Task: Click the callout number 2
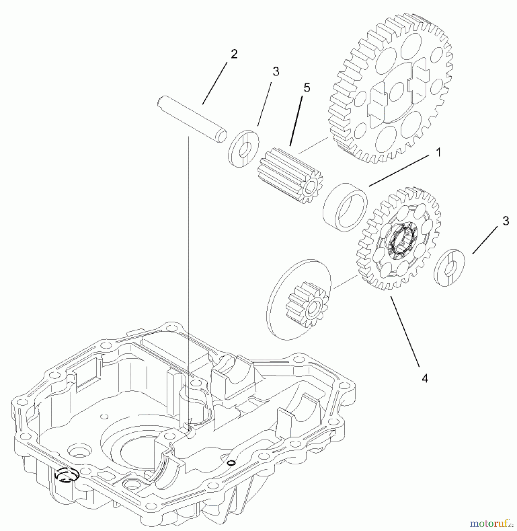(234, 54)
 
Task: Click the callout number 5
(307, 88)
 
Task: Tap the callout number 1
(439, 153)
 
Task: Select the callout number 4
(424, 378)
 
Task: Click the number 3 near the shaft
(276, 71)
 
